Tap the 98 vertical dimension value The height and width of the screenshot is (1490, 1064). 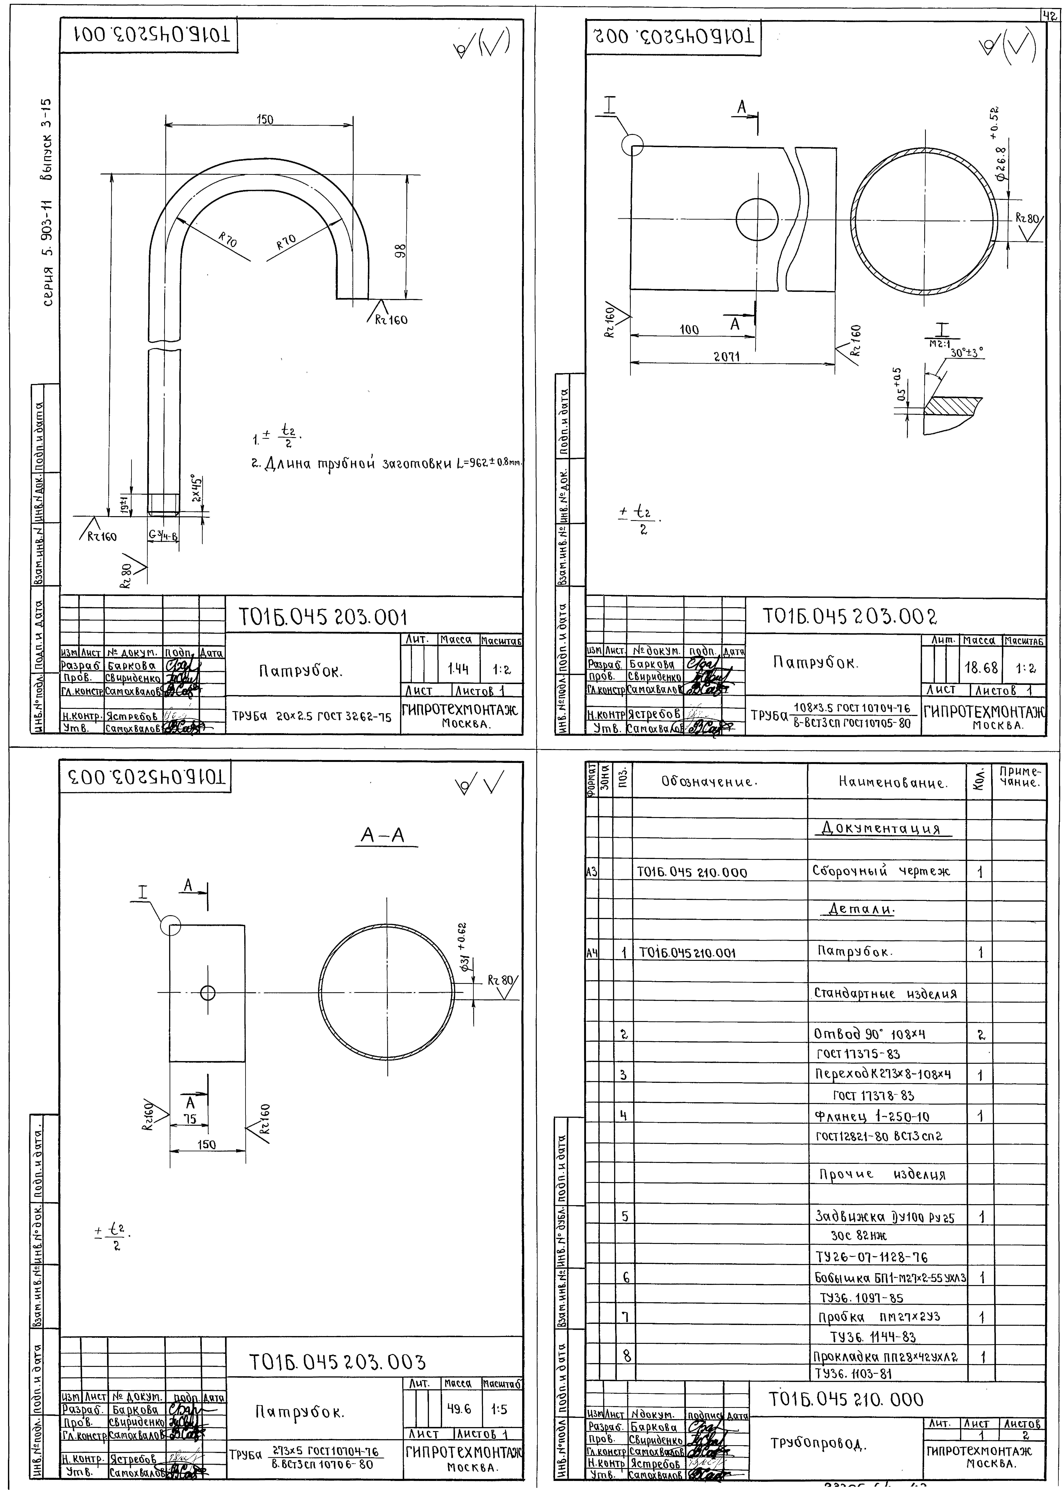point(401,251)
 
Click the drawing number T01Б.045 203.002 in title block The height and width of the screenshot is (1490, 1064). point(850,616)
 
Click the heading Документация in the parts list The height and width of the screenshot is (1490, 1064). point(880,829)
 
